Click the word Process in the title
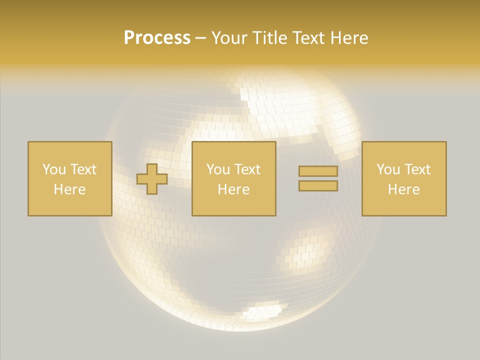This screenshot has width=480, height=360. (x=157, y=38)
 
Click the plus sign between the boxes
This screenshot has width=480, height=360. (x=152, y=179)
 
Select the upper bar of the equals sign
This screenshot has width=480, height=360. (x=318, y=171)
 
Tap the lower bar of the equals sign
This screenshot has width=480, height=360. (x=318, y=185)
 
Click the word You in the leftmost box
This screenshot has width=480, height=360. (x=54, y=169)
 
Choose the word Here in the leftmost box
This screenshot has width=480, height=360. (x=69, y=189)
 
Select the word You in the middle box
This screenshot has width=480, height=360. (x=218, y=169)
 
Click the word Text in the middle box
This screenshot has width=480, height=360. (x=247, y=169)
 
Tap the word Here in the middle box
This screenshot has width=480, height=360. (x=233, y=189)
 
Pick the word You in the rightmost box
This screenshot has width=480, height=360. (x=388, y=169)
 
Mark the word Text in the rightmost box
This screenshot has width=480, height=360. (x=417, y=169)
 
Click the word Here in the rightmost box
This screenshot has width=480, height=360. (x=403, y=189)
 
